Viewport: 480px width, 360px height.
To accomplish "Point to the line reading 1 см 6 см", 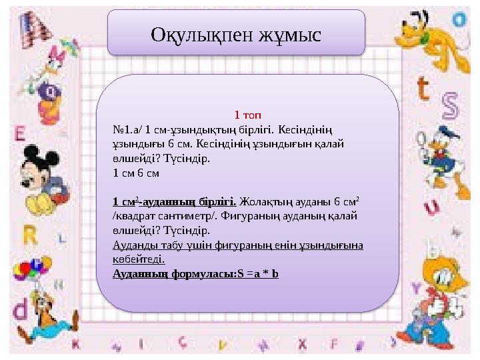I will [x=137, y=172].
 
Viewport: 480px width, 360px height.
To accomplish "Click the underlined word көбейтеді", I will [x=139, y=259].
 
